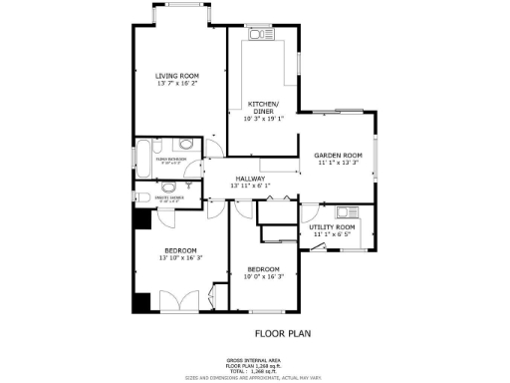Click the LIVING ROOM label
pos(177,76)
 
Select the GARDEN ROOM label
pos(338,157)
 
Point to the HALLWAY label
pos(250,179)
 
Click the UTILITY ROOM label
pos(333,227)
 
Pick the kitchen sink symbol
pos(260,36)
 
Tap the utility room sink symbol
pos(349,211)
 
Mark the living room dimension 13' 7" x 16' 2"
pos(177,85)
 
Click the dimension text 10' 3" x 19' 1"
pos(264,119)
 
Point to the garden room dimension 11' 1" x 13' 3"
pos(338,165)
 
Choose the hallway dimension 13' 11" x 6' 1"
pos(250,187)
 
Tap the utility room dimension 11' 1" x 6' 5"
pos(333,235)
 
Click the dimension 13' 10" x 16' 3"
pos(179,258)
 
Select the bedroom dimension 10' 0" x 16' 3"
pos(264,277)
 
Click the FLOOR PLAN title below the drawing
pos(279,334)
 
